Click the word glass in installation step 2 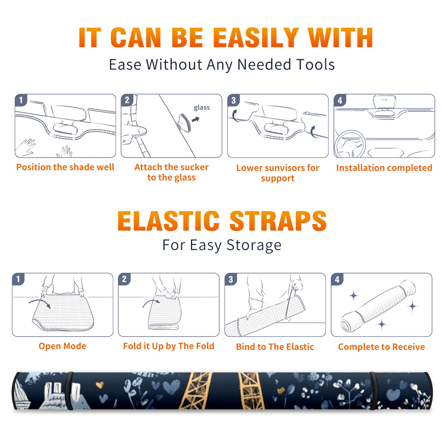[202, 107]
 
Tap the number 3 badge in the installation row [233, 100]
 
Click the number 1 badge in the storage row [18, 279]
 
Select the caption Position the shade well [65, 167]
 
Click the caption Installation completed [384, 168]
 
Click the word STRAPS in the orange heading [278, 221]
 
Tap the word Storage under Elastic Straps [254, 245]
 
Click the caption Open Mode [62, 346]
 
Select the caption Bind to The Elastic [275, 347]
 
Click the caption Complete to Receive [382, 347]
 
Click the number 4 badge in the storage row [337, 279]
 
